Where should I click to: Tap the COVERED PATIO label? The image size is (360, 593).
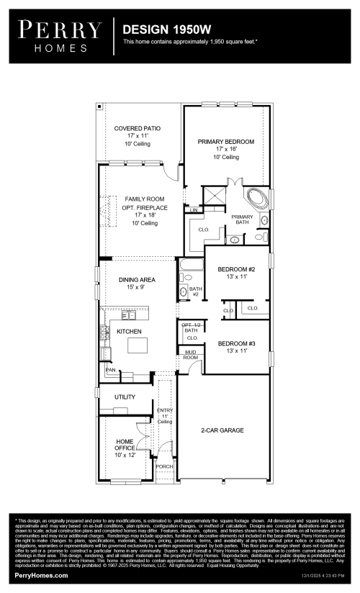137,128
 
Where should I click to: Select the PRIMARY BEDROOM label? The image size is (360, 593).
226,142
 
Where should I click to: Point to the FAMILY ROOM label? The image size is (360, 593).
144,199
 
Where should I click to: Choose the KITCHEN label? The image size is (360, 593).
129,331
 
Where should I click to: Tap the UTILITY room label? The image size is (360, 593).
115,397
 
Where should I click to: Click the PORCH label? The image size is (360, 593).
165,466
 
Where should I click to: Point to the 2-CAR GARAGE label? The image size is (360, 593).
222,430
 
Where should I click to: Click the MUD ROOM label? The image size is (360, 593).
190,354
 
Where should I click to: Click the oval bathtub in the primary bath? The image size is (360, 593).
257,197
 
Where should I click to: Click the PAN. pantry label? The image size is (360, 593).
110,370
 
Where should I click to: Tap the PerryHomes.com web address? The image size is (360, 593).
42,576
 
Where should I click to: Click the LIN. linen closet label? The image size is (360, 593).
194,210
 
